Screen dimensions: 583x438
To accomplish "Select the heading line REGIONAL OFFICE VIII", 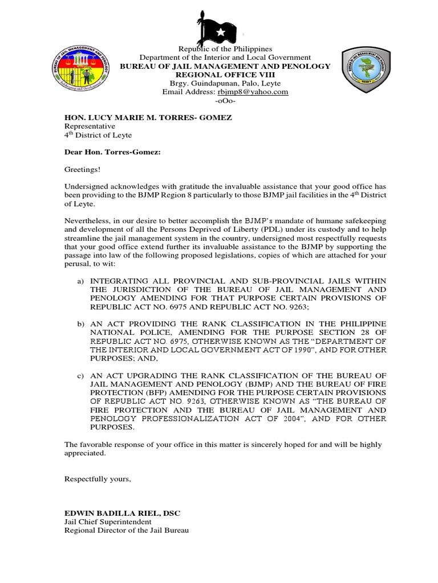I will tap(225, 75).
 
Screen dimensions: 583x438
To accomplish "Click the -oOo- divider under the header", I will tap(225, 101).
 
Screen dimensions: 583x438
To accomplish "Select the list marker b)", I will tap(80, 324).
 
